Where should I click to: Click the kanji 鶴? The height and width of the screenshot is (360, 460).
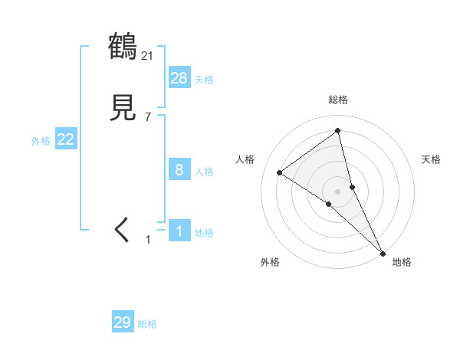123,47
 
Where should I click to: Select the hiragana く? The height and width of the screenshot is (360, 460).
123,230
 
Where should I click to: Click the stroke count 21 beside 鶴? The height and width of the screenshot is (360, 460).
148,55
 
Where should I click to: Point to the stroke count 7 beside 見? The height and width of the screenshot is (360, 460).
148,117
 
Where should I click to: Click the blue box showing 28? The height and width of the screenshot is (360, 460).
179,77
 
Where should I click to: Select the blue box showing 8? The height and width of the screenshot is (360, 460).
179,170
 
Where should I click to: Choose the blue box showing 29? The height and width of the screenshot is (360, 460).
123,322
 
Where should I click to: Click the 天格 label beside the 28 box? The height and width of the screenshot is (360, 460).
204,80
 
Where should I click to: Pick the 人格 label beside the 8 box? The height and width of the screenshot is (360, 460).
204,172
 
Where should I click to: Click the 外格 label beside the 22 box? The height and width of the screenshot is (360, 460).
41,141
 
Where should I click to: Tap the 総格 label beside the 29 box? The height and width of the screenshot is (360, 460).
147,325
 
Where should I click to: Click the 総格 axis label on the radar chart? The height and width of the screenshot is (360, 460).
338,100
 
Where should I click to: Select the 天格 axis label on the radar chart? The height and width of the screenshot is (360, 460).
432,159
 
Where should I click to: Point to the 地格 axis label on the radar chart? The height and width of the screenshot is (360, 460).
402,262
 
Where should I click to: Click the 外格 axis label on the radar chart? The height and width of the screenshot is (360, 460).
270,262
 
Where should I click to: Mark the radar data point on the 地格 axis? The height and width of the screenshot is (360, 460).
383,252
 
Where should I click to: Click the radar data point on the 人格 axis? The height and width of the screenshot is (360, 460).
280,172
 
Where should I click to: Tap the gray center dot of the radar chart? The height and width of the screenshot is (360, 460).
338,191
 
